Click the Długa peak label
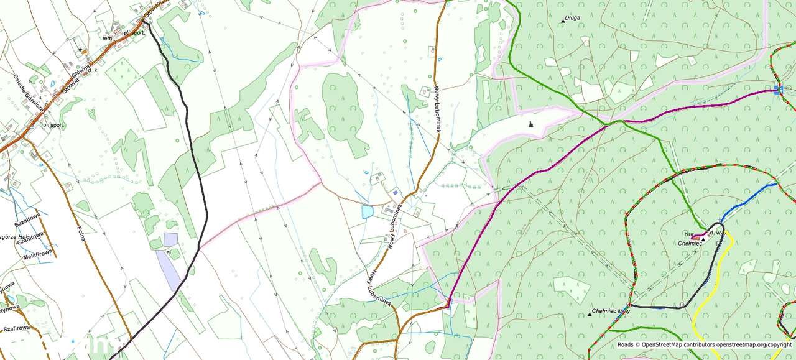pos(573,18)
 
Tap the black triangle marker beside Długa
pos(563,21)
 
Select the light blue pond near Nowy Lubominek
pos(367,212)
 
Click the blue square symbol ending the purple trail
pos(779,90)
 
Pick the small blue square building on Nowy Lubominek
pos(395,192)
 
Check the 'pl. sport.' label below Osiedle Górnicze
pos(55,125)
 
